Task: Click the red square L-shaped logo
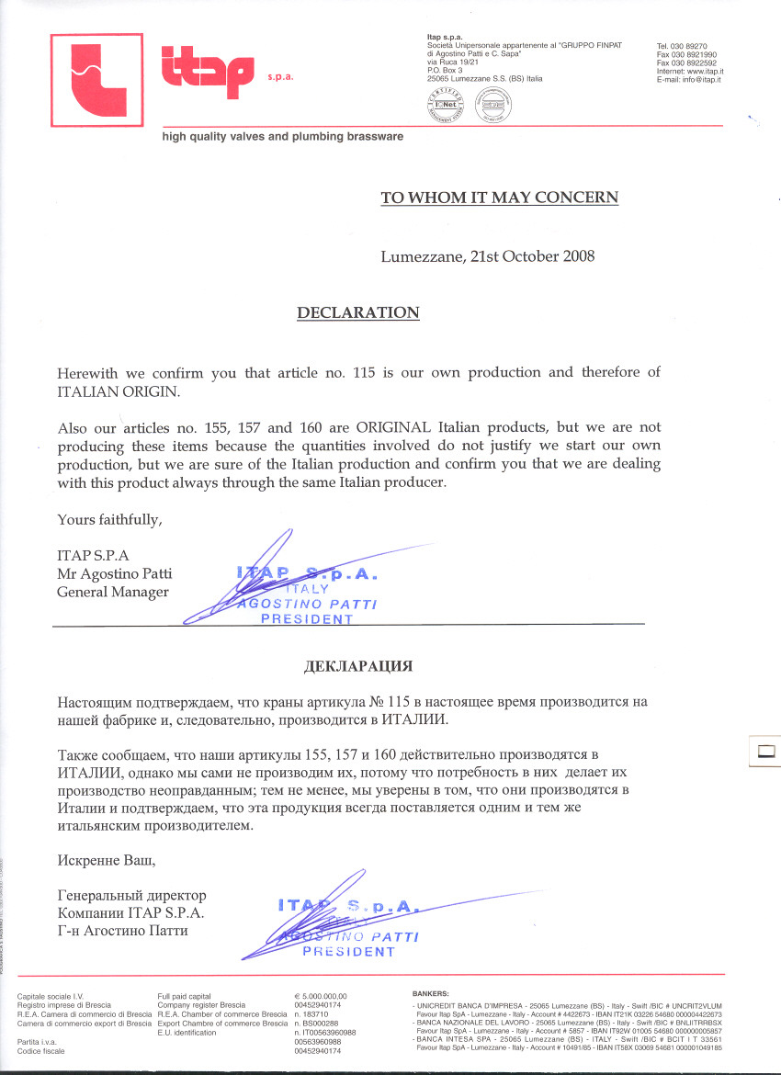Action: click(96, 80)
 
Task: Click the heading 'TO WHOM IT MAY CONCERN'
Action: click(499, 197)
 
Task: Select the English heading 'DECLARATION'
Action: click(358, 312)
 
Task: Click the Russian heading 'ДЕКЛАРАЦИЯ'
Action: click(358, 664)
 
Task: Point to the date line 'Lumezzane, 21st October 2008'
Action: click(488, 255)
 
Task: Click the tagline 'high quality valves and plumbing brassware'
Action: click(282, 136)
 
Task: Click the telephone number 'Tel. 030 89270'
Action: click(681, 46)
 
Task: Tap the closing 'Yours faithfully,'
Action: click(109, 519)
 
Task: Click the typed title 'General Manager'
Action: click(113, 592)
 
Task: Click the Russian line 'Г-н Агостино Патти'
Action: click(127, 931)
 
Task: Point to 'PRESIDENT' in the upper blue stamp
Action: click(307, 619)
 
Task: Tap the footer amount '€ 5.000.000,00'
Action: click(321, 996)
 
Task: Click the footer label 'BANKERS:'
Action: click(431, 994)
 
